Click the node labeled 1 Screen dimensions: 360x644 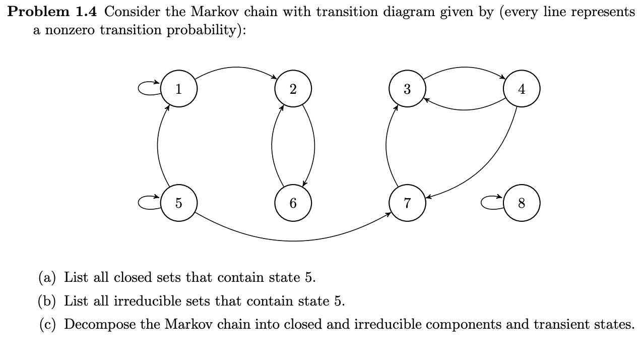tap(178, 89)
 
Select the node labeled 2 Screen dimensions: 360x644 tap(293, 89)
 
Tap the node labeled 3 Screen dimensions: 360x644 tap(407, 89)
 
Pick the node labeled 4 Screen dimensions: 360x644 tap(522, 89)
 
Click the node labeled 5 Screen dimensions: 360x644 tap(178, 203)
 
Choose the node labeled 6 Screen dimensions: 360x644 tap(293, 203)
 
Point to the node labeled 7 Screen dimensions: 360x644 tap(407, 203)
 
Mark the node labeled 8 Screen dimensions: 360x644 tap(522, 203)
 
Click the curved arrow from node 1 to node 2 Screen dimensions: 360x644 tap(235, 68)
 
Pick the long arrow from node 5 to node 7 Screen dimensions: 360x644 tap(293, 241)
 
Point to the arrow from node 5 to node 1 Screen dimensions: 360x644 tap(158, 146)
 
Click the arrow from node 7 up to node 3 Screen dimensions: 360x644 tap(387, 146)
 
